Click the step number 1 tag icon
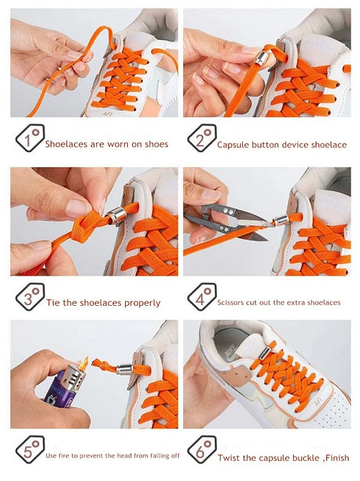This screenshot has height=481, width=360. (x=30, y=138)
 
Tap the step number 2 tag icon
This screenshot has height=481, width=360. (x=202, y=138)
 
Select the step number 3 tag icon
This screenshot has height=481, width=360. (x=30, y=296)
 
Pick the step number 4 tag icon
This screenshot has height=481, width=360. (x=202, y=296)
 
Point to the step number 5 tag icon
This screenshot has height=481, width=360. (x=30, y=449)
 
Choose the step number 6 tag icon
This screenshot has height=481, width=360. (x=202, y=449)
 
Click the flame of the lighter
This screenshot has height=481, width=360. (x=83, y=363)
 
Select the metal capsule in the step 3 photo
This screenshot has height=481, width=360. (x=116, y=215)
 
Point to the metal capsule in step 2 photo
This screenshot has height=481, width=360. (x=260, y=58)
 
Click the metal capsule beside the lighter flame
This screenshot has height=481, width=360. (x=124, y=370)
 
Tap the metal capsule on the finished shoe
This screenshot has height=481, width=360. (x=264, y=352)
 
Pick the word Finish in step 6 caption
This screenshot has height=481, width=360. (x=337, y=458)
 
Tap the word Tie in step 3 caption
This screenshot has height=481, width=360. (x=53, y=303)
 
